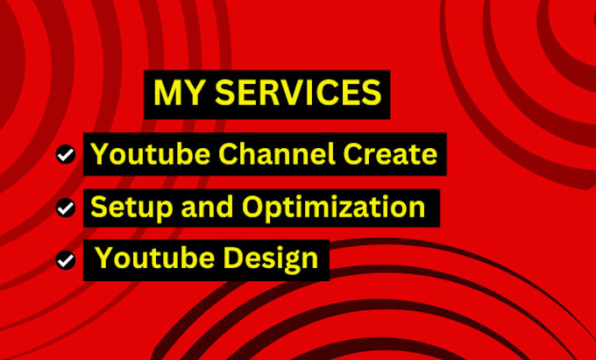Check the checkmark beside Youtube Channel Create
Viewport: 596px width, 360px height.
click(64, 155)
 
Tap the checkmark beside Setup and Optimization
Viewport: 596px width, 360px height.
click(64, 208)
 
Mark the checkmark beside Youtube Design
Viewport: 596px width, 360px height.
click(64, 260)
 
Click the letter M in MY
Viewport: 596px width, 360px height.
click(166, 92)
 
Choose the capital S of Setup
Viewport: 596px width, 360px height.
click(98, 208)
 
